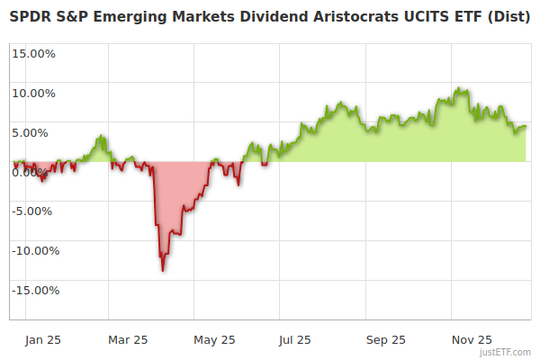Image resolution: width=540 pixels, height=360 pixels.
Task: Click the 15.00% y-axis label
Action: (x=33, y=53)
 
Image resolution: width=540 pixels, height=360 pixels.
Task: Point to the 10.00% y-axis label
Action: (x=33, y=93)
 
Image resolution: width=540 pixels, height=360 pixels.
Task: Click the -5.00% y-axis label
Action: (x=34, y=211)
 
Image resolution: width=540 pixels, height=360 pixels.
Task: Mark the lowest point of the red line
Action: (x=163, y=270)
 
